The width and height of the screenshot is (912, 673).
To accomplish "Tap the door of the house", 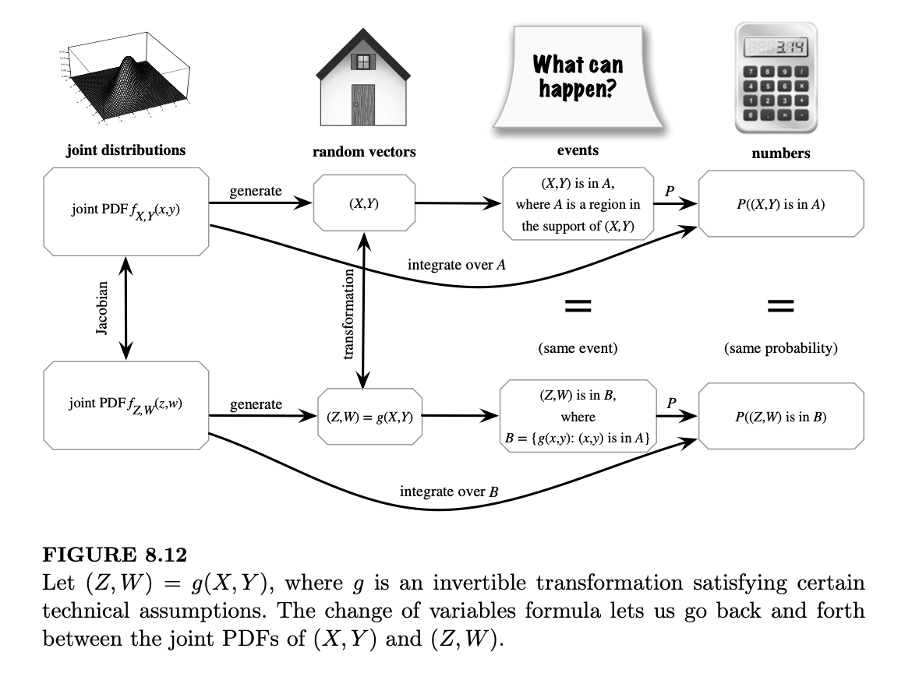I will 362,106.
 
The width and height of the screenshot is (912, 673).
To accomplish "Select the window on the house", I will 362,62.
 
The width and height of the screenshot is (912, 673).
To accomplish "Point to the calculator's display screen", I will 776,48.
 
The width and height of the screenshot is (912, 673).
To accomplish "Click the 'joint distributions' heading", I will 125,150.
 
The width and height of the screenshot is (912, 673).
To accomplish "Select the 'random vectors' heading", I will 364,152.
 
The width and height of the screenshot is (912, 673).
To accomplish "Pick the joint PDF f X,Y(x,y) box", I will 125,210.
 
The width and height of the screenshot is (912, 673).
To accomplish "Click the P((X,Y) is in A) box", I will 780,205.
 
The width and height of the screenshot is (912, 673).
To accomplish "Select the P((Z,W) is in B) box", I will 780,417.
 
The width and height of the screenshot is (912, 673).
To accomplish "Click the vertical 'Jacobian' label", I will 102,308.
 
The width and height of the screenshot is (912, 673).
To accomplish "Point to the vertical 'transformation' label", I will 349,313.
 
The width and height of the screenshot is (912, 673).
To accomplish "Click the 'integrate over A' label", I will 457,266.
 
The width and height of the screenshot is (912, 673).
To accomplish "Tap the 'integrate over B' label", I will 449,492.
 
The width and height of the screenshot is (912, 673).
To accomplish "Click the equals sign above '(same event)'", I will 578,307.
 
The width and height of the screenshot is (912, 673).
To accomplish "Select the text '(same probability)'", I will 780,348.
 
